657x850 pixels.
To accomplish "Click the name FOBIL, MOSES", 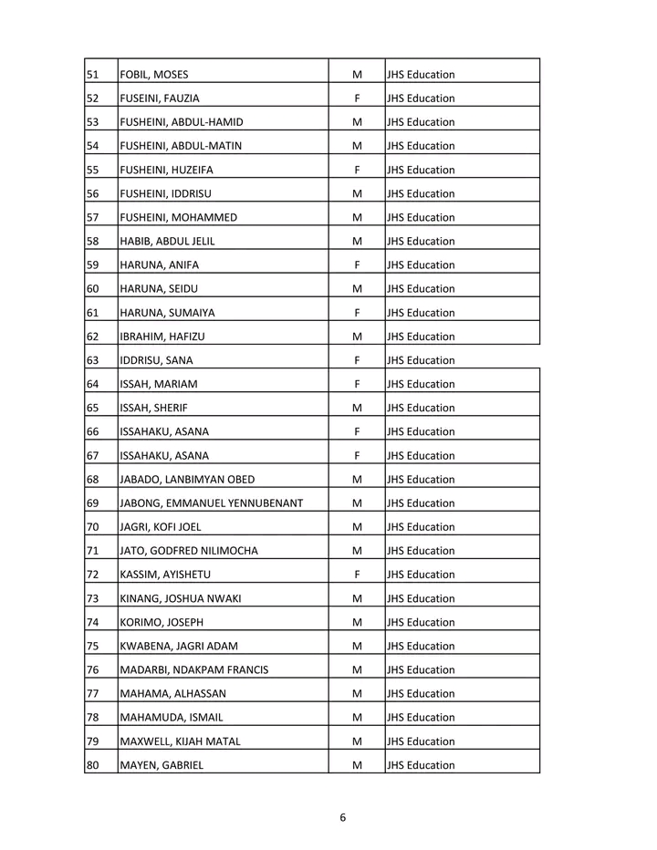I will [x=154, y=75].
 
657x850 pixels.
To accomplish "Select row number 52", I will [x=92, y=98].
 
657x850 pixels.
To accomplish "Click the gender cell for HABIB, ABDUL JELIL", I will [x=357, y=242].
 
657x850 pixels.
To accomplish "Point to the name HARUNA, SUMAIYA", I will [x=168, y=313].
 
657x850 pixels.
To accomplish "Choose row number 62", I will [x=92, y=337].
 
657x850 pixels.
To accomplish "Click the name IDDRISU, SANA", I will [x=156, y=360].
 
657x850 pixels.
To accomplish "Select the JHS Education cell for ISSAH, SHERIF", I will [x=421, y=408].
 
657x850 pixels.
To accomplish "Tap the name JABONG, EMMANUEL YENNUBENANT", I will [x=211, y=503].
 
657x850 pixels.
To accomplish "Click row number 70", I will [x=92, y=527].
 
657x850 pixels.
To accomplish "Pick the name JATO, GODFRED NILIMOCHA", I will [x=189, y=551].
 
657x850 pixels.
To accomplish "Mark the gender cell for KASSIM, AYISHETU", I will [x=357, y=575].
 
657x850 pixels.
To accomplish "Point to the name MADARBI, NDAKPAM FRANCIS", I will [x=194, y=670].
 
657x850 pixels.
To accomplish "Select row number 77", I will [x=92, y=694].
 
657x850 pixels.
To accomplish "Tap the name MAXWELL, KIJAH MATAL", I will [x=181, y=741].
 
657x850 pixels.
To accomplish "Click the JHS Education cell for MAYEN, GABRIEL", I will [x=421, y=765].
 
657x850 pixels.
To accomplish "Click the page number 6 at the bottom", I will [x=342, y=817].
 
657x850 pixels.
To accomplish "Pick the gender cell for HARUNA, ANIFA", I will [x=357, y=265].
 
